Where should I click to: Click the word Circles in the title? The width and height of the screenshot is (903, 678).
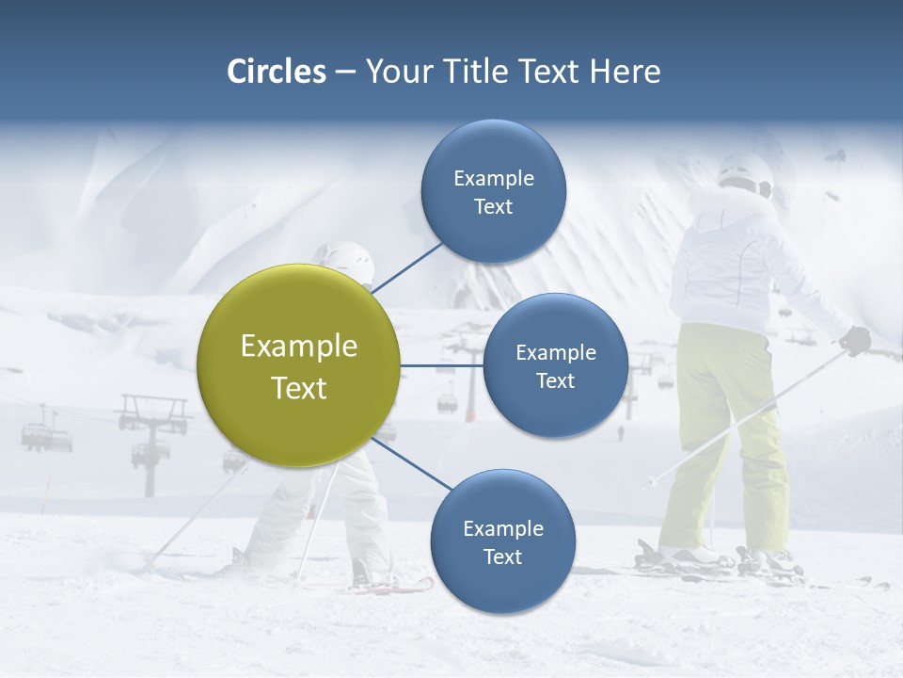tap(276, 72)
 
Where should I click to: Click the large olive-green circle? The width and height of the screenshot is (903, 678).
tap(299, 365)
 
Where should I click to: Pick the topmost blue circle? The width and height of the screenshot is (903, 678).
tap(494, 192)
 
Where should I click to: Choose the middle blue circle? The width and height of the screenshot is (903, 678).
tap(556, 366)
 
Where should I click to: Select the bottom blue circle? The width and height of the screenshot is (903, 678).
tap(502, 541)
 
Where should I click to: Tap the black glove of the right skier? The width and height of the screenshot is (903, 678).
tap(855, 340)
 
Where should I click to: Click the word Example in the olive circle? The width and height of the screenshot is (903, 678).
tap(299, 347)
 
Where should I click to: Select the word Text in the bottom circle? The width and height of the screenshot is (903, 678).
tap(502, 557)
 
